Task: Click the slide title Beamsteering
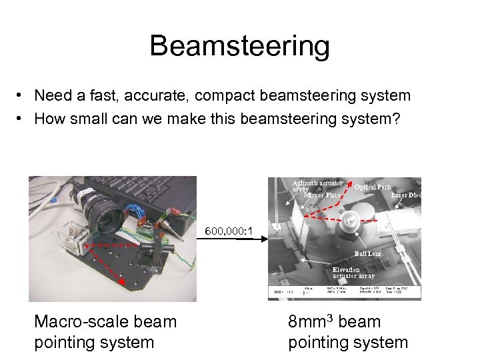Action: click(x=239, y=46)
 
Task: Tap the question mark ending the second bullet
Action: click(x=397, y=119)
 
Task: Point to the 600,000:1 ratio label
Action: click(x=228, y=231)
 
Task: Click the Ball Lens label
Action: click(x=368, y=254)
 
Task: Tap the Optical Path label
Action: click(x=373, y=187)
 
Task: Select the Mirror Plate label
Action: click(x=322, y=195)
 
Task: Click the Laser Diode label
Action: click(x=406, y=195)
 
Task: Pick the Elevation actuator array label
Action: click(x=353, y=272)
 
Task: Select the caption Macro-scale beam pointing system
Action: click(x=105, y=331)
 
